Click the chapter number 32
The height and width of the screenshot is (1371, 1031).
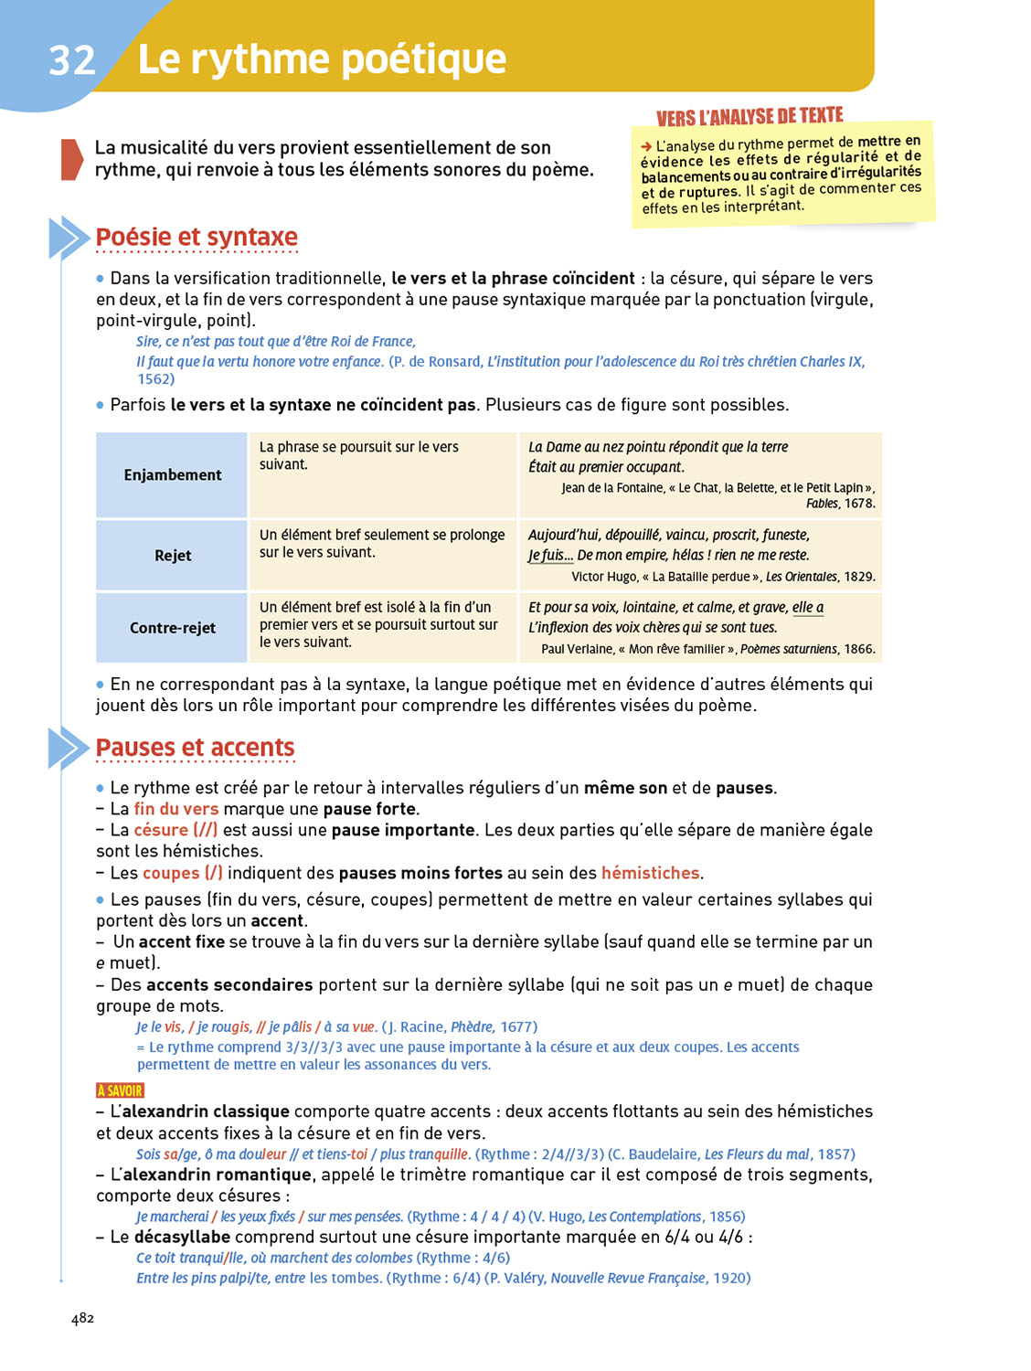tap(72, 60)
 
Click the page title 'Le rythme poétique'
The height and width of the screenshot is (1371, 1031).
tap(322, 59)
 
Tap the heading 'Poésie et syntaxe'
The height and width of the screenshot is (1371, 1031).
tap(197, 237)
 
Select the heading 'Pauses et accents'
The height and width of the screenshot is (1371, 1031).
tap(195, 748)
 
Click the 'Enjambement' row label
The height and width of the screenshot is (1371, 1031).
tap(173, 475)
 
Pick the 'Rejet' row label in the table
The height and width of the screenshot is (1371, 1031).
tap(173, 556)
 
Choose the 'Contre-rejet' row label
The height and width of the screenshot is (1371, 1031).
tap(173, 628)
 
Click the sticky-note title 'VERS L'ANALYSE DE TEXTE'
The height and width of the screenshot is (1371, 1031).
tap(749, 117)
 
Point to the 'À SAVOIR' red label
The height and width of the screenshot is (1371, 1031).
tap(120, 1090)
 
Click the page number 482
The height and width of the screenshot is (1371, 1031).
tap(82, 1318)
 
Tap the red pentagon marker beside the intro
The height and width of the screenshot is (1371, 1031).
tap(71, 159)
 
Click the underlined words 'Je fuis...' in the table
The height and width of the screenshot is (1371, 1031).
tap(550, 556)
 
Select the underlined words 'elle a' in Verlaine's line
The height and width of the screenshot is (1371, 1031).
tap(808, 608)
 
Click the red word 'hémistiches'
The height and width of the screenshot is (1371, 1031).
tap(650, 873)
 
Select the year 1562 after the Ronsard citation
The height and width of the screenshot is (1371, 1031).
tap(155, 379)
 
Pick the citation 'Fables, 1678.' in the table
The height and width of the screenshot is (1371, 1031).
tap(840, 504)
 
